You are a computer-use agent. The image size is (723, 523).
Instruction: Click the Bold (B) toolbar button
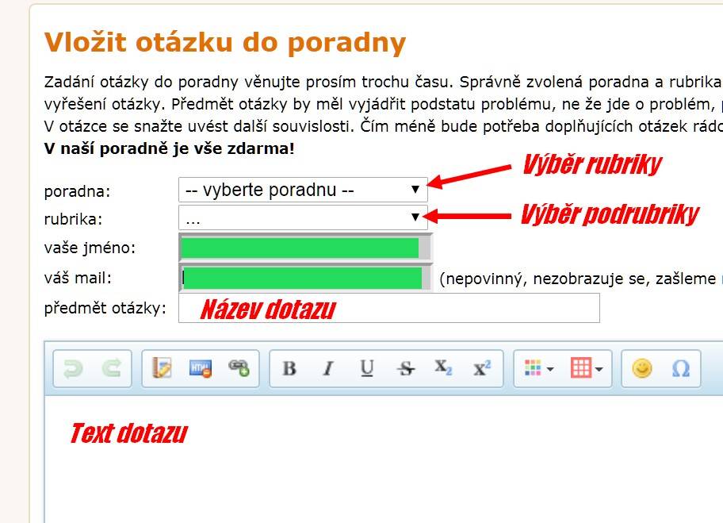289,368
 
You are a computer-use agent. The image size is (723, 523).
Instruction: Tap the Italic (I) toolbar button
328,368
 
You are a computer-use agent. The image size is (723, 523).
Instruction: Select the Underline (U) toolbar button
366,368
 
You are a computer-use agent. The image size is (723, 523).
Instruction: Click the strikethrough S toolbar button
406,368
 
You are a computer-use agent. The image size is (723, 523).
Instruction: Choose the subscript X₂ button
443,368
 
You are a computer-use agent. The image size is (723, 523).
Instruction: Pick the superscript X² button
482,368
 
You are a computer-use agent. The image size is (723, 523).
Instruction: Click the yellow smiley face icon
642,368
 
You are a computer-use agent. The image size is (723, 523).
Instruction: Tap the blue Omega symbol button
680,368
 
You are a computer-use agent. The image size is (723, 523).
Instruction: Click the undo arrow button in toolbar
73,368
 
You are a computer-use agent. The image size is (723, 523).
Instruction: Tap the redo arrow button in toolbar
112,368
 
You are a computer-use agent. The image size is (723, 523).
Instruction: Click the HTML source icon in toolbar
201,368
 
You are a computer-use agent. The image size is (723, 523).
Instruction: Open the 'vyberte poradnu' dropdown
303,190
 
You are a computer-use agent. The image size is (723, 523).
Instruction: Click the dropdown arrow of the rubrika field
415,217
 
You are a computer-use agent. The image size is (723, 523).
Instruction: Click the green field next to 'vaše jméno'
300,248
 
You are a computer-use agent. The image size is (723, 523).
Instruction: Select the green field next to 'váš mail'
303,279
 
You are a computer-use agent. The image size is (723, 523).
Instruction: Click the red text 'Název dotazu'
268,310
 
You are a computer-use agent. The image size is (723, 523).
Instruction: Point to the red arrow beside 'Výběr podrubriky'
467,216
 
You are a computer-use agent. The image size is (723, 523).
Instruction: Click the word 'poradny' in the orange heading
346,43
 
